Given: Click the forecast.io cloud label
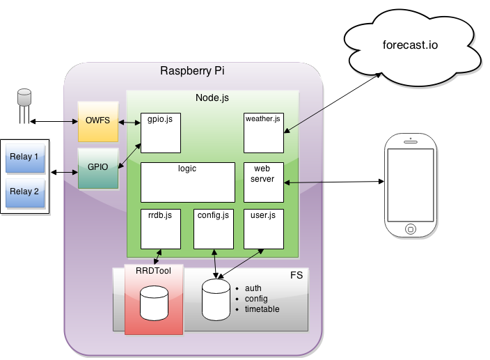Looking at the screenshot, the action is pyautogui.click(x=410, y=45).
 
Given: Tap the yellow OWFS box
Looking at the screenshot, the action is pyautogui.click(x=98, y=121).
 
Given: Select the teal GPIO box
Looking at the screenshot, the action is pyautogui.click(x=98, y=169).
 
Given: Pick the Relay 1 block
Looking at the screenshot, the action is pyautogui.click(x=25, y=158).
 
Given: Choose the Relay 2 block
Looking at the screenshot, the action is pyautogui.click(x=25, y=193).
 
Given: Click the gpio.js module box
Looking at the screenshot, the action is pyautogui.click(x=161, y=133).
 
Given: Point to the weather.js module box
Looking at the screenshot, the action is pyautogui.click(x=264, y=133).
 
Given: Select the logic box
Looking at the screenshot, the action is pyautogui.click(x=188, y=182).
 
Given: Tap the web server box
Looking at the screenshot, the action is pyautogui.click(x=264, y=182).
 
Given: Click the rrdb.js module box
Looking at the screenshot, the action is pyautogui.click(x=161, y=229).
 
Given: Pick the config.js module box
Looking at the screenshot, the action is pyautogui.click(x=214, y=229).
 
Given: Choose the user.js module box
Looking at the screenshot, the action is pyautogui.click(x=264, y=229).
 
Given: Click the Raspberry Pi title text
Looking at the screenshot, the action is pyautogui.click(x=192, y=71).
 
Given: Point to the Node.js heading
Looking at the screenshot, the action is pyautogui.click(x=212, y=97).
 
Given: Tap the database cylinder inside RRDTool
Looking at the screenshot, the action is pyautogui.click(x=154, y=303).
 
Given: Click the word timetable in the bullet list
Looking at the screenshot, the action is pyautogui.click(x=262, y=309).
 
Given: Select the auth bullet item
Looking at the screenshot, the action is pyautogui.click(x=253, y=288).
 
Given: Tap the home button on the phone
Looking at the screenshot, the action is pyautogui.click(x=411, y=229).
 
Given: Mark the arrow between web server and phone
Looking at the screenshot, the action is pyautogui.click(x=334, y=182).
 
